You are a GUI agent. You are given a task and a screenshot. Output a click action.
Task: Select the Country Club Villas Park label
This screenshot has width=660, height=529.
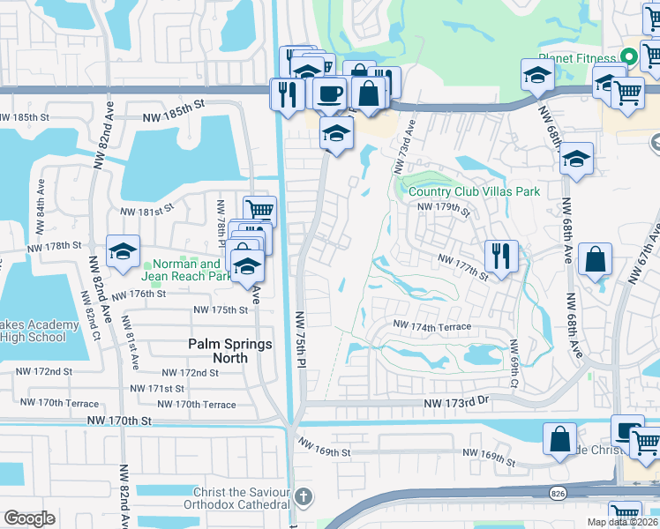pos(474,191)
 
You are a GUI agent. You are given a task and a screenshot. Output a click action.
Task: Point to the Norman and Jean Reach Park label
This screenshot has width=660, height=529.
pos(186,270)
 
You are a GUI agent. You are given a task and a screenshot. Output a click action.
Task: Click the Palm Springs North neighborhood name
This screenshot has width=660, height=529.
pos(230,351)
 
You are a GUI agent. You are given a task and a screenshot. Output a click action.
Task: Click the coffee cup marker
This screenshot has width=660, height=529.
pos(329,92)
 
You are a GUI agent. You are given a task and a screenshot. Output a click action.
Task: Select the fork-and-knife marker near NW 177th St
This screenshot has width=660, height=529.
pos(500,257)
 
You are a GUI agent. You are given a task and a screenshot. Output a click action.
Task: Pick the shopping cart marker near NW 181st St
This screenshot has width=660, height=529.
pos(259,211)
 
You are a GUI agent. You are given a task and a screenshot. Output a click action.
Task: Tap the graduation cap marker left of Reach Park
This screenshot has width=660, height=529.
pos(124,250)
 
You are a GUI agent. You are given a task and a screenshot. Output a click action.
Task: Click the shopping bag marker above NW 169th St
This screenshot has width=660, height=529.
pos(560,438)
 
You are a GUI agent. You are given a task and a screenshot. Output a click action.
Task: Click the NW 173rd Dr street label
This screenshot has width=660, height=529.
pos(457,403)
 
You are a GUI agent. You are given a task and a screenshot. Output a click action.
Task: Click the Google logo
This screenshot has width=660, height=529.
pos(30,518)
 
